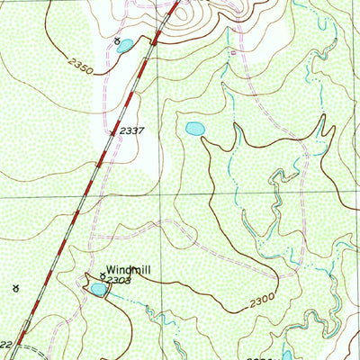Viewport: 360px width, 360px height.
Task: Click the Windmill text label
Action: click(x=130, y=268)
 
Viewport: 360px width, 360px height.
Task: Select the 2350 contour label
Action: click(x=79, y=65)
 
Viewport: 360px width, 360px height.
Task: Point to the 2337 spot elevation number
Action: click(x=131, y=131)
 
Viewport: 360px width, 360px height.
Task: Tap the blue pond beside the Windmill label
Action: click(x=96, y=289)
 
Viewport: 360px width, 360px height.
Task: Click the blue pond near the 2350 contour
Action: click(x=125, y=44)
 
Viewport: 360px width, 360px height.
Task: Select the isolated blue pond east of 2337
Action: click(x=194, y=130)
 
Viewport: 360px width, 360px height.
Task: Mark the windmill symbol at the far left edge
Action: click(x=14, y=288)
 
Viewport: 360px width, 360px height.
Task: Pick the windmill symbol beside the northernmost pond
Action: click(x=116, y=40)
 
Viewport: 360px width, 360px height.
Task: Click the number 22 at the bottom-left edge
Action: click(x=5, y=345)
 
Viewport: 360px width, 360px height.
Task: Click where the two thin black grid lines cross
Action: click(x=161, y=196)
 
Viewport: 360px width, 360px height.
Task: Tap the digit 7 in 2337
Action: click(x=142, y=131)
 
